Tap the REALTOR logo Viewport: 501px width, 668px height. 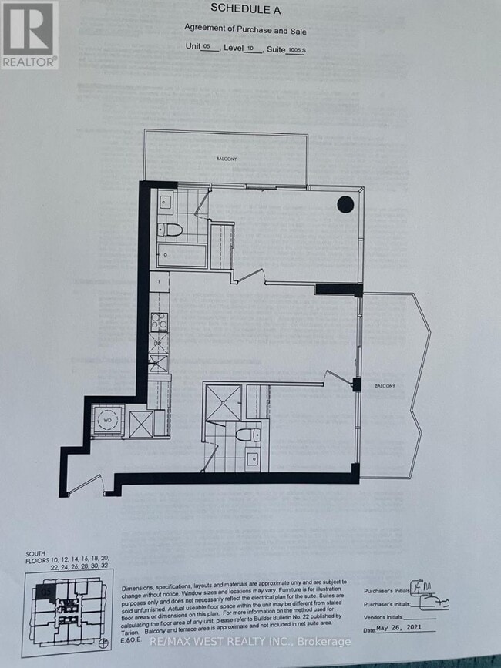(29, 35)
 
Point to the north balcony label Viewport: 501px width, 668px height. (226, 158)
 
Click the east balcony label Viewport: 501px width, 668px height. (386, 386)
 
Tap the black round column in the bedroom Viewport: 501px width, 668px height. (345, 205)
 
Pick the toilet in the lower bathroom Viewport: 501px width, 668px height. (247, 435)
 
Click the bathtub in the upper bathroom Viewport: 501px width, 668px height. (182, 257)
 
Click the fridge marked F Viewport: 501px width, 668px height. (160, 282)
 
